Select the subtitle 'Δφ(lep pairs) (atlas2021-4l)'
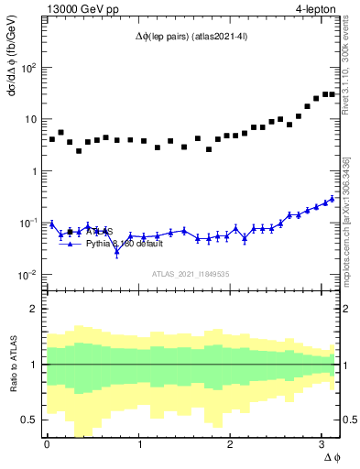(190, 37)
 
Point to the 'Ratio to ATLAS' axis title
(13, 364)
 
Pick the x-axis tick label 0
(47, 445)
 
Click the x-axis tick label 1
(138, 445)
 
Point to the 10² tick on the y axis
(28, 68)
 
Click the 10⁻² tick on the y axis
(27, 275)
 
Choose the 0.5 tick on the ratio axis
(29, 420)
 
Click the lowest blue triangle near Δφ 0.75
(117, 252)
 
